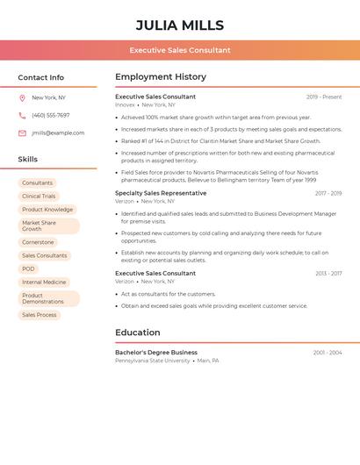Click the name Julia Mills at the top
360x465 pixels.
pyautogui.click(x=180, y=25)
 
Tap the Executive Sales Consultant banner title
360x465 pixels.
pyautogui.click(x=180, y=50)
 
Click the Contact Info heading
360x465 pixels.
pyautogui.click(x=40, y=77)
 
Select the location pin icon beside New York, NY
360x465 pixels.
pyautogui.click(x=22, y=97)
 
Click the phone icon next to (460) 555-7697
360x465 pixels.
pyautogui.click(x=22, y=115)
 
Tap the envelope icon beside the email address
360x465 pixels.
pyautogui.click(x=22, y=132)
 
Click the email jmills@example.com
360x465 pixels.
pyautogui.click(x=58, y=132)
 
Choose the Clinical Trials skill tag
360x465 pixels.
pyautogui.click(x=39, y=197)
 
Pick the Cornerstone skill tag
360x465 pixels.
pyautogui.click(x=38, y=242)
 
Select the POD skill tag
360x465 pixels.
pyautogui.click(x=29, y=268)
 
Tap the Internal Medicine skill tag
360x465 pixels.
pyautogui.click(x=44, y=282)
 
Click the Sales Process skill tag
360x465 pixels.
pyautogui.click(x=40, y=315)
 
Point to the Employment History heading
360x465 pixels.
pyautogui.click(x=161, y=77)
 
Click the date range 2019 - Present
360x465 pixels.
pyautogui.click(x=324, y=97)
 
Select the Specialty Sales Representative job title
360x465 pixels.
pyautogui.click(x=161, y=193)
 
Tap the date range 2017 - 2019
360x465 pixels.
pyautogui.click(x=328, y=193)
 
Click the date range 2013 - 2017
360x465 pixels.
pyautogui.click(x=328, y=274)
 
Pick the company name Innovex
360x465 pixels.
pyautogui.click(x=125, y=104)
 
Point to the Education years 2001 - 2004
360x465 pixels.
pyautogui.click(x=328, y=353)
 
